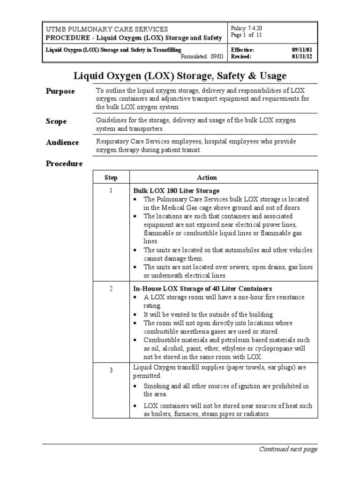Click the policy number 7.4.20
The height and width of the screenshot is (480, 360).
253,29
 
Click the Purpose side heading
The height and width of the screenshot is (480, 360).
60,91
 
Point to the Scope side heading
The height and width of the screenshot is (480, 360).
56,121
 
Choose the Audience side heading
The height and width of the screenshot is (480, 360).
62,142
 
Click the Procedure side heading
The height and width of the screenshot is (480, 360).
64,164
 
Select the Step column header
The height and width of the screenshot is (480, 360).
111,178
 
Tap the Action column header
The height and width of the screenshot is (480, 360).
207,178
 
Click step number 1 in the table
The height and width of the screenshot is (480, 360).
111,191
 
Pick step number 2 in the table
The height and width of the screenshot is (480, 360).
111,289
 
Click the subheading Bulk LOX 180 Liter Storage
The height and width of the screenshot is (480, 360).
176,191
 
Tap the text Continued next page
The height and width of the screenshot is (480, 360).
288,449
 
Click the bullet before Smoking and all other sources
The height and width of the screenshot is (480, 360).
135,386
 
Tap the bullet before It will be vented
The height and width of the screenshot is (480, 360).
135,315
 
